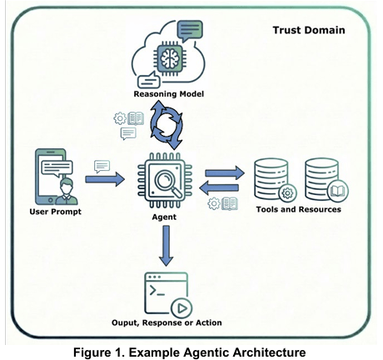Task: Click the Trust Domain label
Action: [x=309, y=30]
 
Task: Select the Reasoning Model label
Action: [x=169, y=94]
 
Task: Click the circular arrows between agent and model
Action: [x=167, y=125]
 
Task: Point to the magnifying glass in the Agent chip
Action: [x=167, y=181]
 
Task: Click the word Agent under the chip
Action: [x=164, y=217]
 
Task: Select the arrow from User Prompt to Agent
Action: [x=105, y=179]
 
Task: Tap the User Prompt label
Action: [x=56, y=212]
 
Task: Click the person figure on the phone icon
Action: [x=67, y=191]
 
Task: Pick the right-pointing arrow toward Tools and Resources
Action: [x=225, y=173]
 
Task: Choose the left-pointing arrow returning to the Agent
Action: [x=219, y=187]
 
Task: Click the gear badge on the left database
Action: [x=287, y=192]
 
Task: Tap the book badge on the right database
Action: [x=338, y=191]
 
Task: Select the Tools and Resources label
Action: [x=299, y=209]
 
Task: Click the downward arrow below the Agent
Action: [x=167, y=246]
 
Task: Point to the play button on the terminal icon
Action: [x=182, y=308]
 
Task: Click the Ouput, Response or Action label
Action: [x=167, y=322]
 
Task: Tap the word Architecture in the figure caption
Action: [x=269, y=352]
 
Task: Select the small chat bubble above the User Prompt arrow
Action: [x=102, y=167]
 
